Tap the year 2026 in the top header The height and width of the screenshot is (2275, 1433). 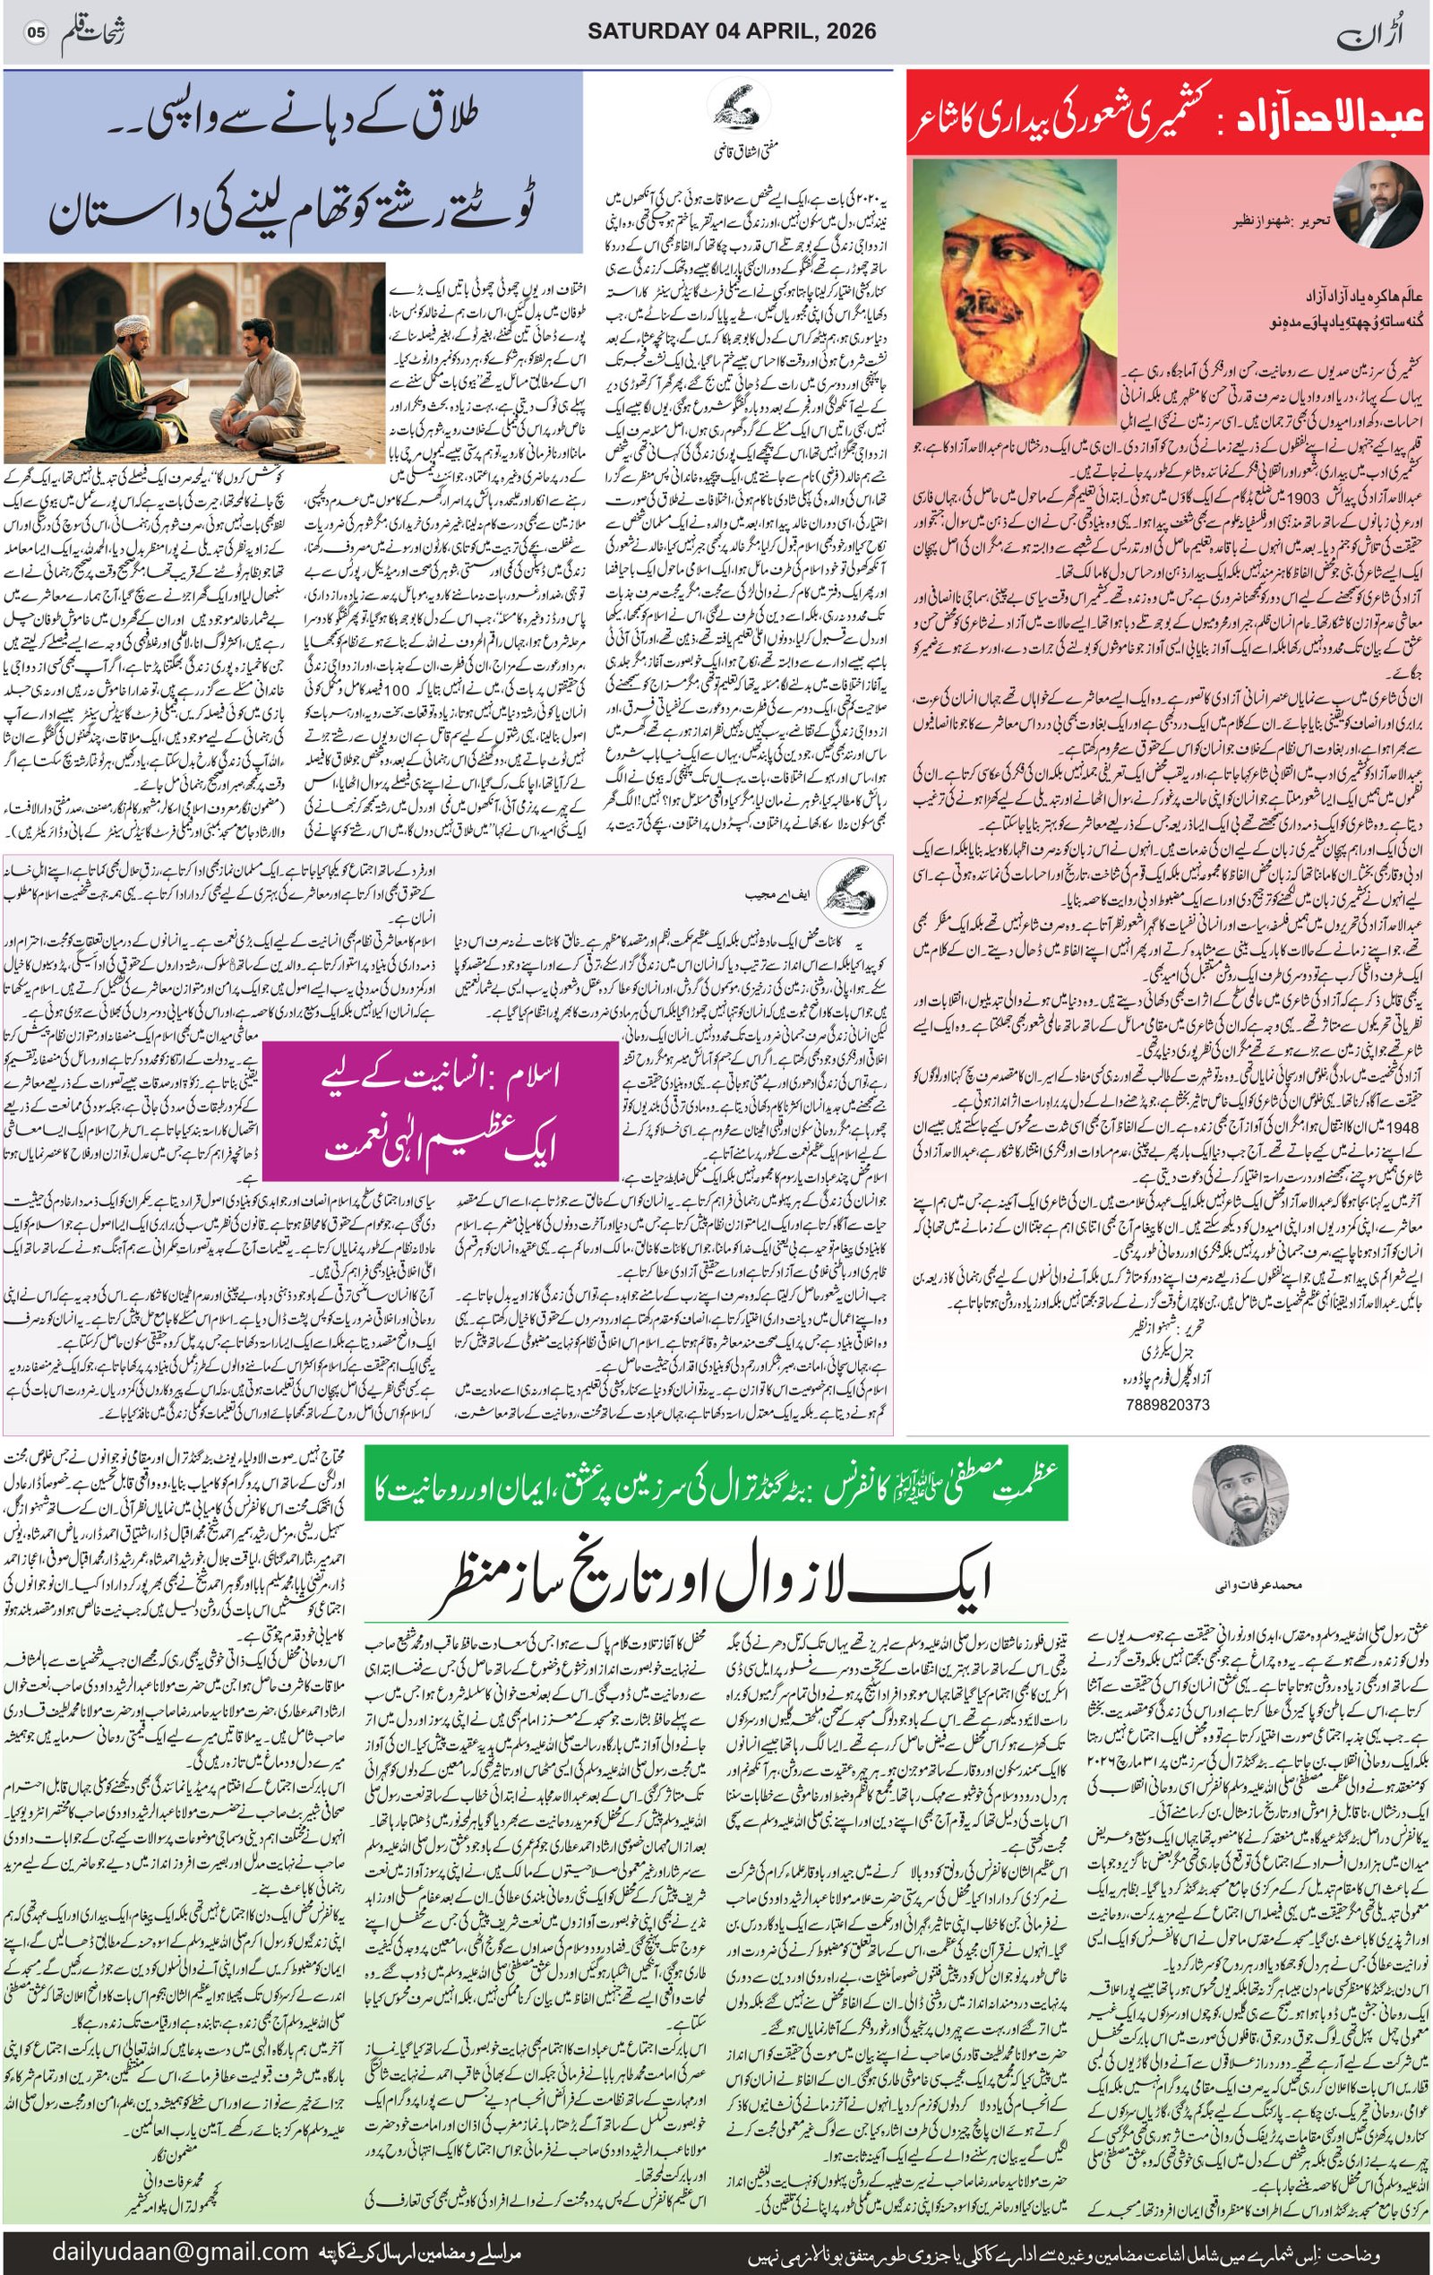click(x=848, y=31)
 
